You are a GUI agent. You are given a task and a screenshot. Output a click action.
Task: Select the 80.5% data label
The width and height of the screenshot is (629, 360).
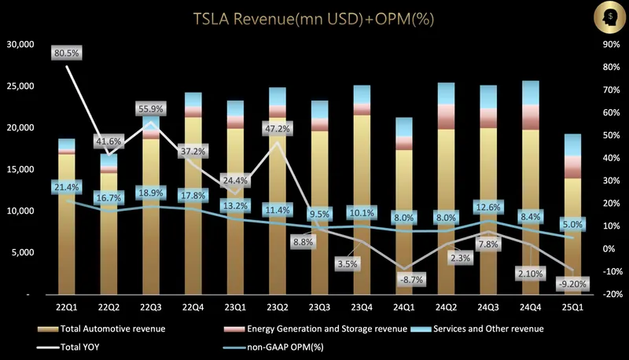(x=67, y=53)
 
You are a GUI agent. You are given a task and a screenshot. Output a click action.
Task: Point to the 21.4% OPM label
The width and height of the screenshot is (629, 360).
(x=67, y=187)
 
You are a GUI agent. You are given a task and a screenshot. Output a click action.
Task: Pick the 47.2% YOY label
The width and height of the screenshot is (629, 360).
(x=275, y=128)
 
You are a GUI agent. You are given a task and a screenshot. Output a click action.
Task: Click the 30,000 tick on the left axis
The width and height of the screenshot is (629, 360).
(x=20, y=45)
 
